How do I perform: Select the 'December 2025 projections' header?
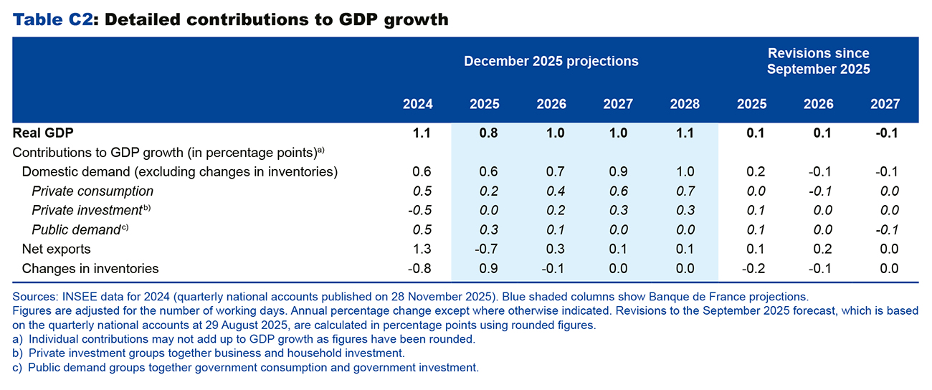point(551,61)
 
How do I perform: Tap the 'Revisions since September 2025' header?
point(818,61)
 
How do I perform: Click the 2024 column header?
point(418,104)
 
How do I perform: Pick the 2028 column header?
point(685,104)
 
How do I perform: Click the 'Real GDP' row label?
point(43,133)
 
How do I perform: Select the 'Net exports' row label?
point(56,249)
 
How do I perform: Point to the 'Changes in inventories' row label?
point(90,269)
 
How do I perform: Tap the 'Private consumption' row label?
point(92,191)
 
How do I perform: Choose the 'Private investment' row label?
point(86,211)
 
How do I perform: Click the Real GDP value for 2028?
point(685,133)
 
